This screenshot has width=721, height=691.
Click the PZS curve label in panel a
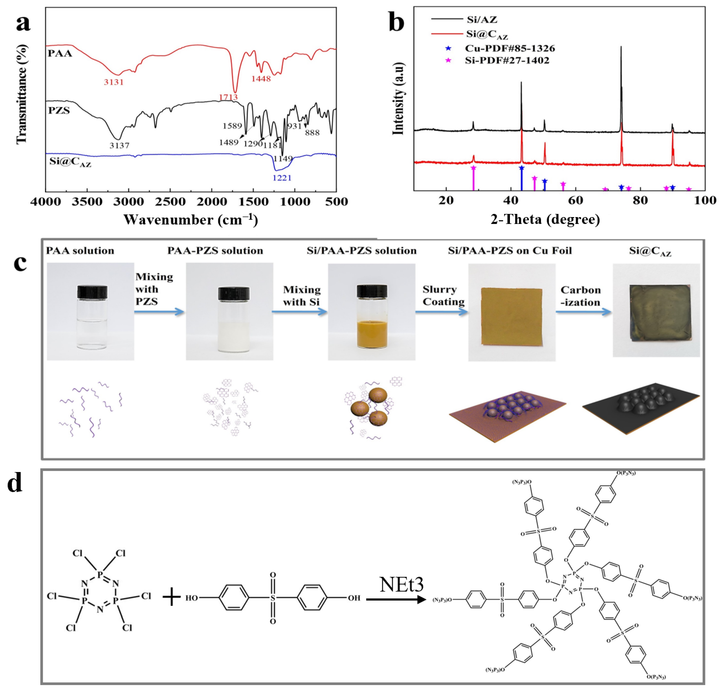59,110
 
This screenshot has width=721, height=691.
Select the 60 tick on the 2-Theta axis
576,201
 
